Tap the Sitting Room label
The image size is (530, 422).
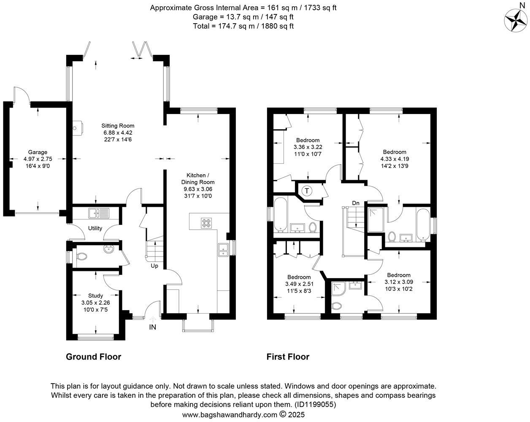118,126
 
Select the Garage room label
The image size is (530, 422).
38,152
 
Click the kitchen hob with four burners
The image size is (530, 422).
207,223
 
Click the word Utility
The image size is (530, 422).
95,228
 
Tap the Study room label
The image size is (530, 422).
95,296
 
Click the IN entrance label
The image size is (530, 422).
153,327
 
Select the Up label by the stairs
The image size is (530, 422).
154,266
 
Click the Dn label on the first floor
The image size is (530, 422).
356,203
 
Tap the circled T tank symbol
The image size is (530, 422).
307,191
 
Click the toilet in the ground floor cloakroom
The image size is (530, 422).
82,257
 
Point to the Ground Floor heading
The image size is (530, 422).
93,357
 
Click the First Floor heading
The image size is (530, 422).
288,357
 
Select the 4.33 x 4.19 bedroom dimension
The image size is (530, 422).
395,159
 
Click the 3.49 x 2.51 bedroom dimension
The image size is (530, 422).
299,284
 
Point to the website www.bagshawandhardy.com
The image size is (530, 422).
230,415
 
